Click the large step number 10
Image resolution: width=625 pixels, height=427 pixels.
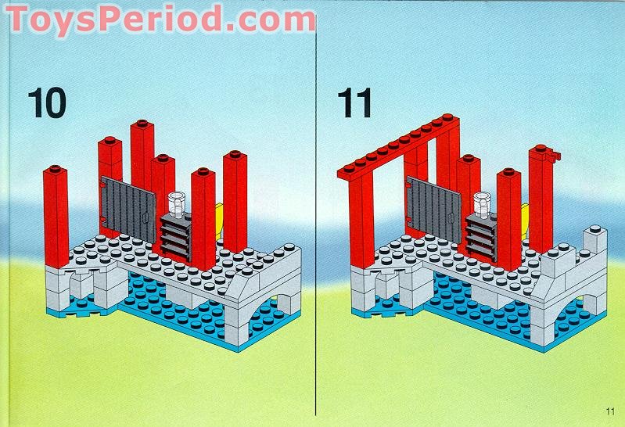click(x=47, y=102)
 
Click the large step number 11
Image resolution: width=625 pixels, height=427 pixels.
click(x=355, y=102)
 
